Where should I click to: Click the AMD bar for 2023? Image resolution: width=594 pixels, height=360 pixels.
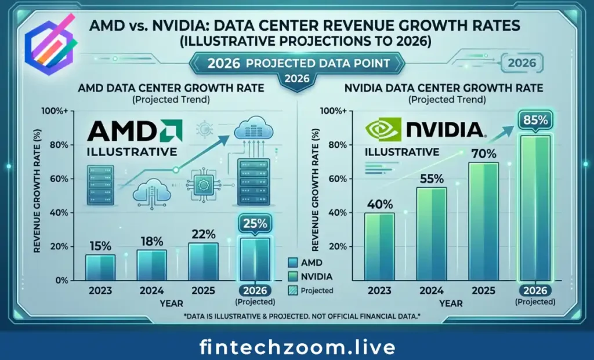(x=100, y=267)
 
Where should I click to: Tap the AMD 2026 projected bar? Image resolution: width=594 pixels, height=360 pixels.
(x=255, y=259)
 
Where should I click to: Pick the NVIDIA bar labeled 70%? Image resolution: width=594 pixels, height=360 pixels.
(x=483, y=220)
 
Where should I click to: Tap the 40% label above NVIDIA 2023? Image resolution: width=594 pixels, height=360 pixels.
(x=380, y=204)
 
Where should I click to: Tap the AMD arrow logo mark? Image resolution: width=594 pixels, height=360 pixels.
(x=171, y=131)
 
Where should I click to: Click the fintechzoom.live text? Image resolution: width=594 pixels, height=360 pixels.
(x=297, y=347)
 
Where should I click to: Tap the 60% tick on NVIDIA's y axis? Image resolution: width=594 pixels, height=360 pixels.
(x=338, y=179)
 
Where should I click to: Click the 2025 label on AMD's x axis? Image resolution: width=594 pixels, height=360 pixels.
(x=202, y=290)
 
